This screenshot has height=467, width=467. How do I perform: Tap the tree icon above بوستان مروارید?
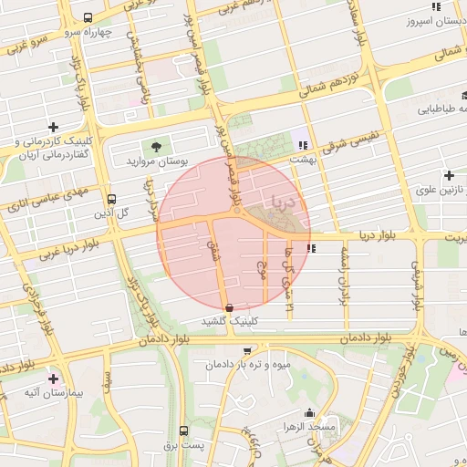pos(158,145)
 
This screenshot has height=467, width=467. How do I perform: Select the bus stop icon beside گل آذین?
pos(112,199)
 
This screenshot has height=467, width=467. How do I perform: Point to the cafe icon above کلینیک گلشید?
pos(227,308)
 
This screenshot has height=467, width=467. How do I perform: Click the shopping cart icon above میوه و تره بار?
pos(246,351)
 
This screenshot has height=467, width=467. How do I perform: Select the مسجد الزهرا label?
pos(310,426)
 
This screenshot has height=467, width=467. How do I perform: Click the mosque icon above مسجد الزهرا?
pos(310,412)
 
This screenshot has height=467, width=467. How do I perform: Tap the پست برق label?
pos(182,444)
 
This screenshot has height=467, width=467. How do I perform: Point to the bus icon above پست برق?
pos(183,431)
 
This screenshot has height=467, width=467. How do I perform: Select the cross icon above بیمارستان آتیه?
pos(53,378)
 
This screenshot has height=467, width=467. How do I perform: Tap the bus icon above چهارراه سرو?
pos(88,17)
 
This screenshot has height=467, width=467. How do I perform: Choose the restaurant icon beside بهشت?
pos(302,144)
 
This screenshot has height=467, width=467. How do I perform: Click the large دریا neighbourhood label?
pos(282,201)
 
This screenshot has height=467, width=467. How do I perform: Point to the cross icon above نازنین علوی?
pos(449,175)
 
